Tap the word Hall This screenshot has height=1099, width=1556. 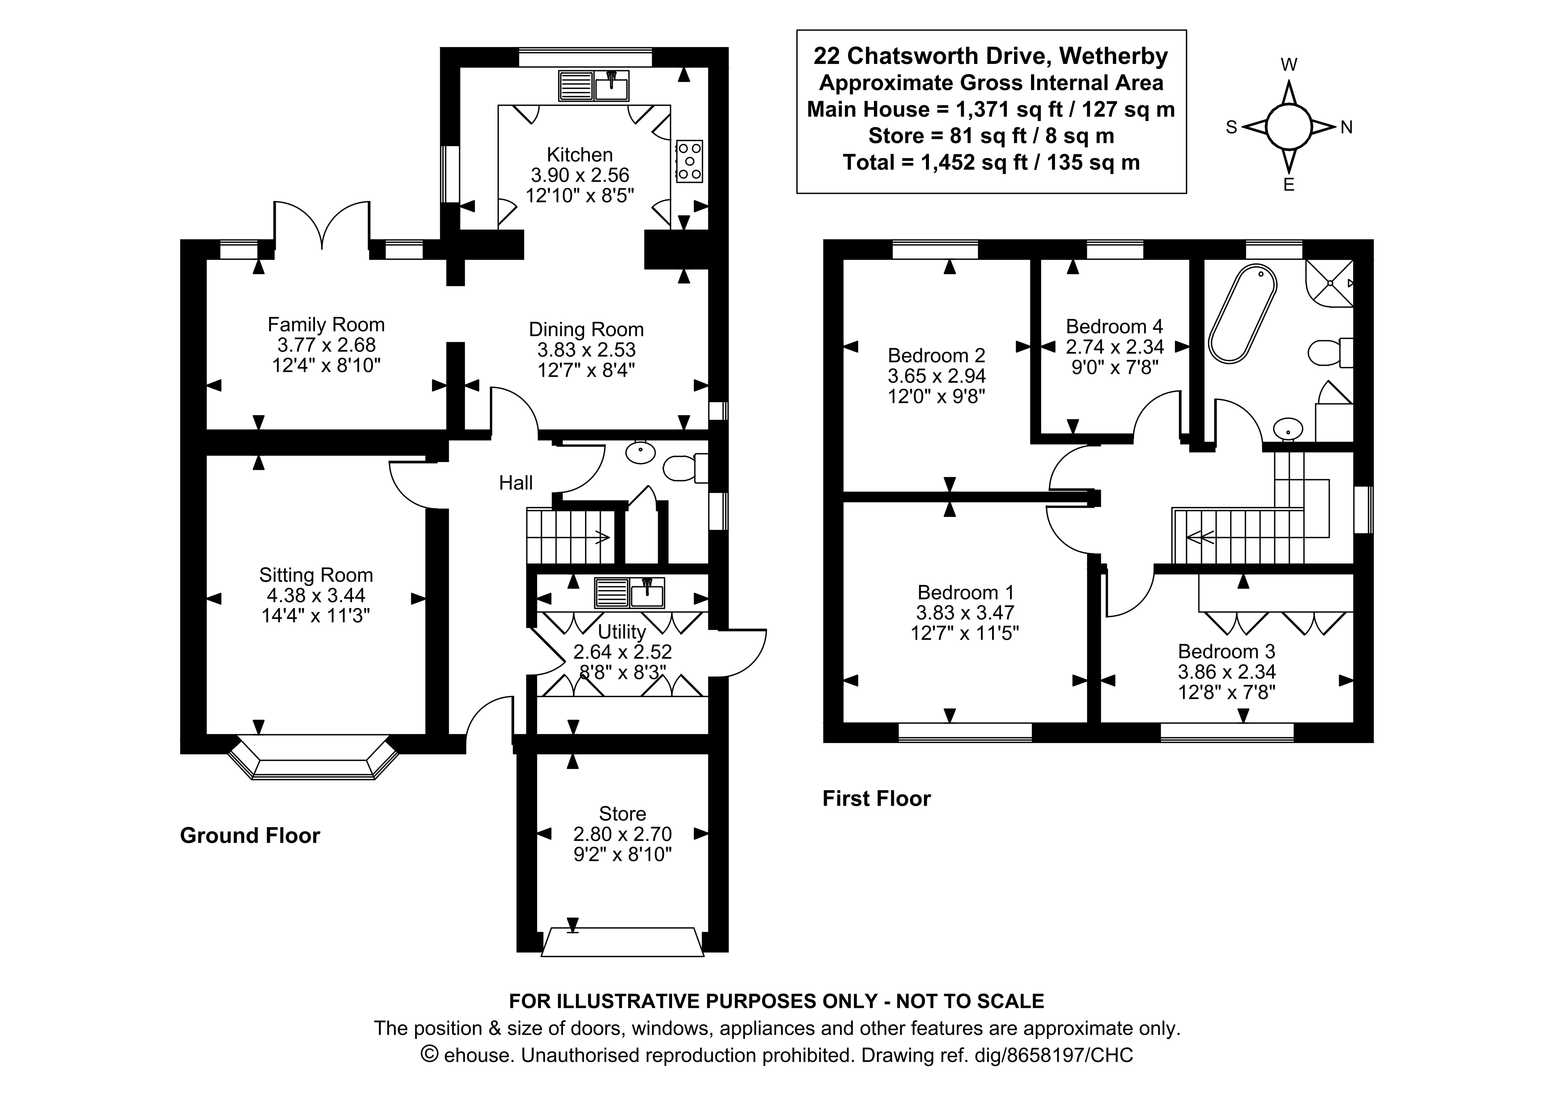click(516, 483)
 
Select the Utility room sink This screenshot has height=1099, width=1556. click(629, 593)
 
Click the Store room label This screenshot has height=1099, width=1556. click(622, 813)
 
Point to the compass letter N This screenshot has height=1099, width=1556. click(1346, 127)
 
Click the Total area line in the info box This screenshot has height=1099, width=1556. click(991, 163)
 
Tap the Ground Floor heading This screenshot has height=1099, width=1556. click(250, 835)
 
